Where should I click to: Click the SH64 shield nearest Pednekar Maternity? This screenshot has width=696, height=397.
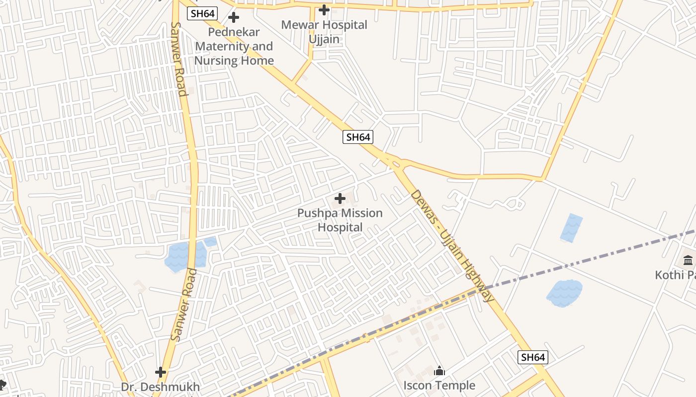coord(202,13)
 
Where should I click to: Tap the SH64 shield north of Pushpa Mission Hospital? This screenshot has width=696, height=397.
coord(358,137)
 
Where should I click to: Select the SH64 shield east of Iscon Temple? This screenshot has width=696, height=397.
coord(533,357)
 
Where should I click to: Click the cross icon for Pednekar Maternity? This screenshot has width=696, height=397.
coord(234,18)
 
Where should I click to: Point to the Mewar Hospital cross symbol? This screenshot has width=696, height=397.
coord(324,10)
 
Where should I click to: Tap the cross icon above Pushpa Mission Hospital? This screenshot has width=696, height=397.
coord(340,199)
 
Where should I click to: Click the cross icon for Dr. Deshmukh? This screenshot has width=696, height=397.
coord(161,372)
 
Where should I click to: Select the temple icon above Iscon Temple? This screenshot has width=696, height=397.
coord(439,371)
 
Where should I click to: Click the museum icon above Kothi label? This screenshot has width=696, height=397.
coord(689,260)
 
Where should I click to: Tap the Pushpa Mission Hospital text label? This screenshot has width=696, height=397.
coord(340,220)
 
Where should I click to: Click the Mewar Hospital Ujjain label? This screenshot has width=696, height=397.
coord(324,32)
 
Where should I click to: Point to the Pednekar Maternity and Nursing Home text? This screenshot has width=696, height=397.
coord(234,47)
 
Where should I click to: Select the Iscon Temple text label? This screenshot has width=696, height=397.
coord(439,386)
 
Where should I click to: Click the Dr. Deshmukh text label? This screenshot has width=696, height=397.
coord(161,387)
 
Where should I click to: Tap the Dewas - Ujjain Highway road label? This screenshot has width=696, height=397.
coord(452,246)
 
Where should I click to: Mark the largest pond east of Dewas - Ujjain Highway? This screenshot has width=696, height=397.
coord(565,293)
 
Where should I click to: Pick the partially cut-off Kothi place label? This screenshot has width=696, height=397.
coord(675,275)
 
